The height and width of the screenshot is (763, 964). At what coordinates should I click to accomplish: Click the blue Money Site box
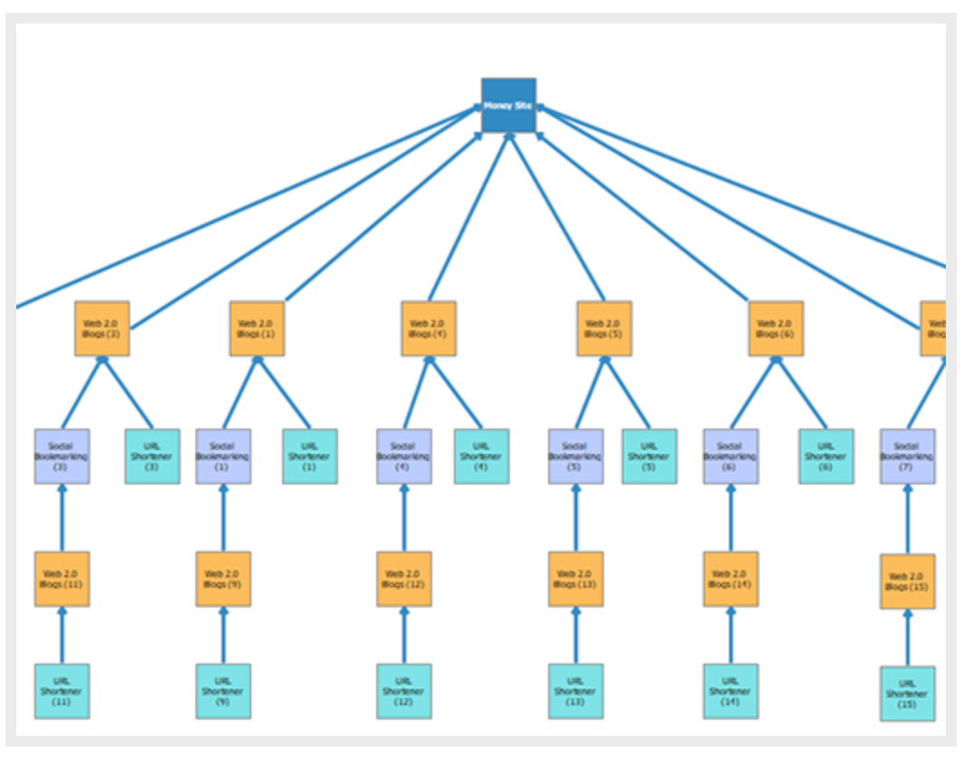point(508,105)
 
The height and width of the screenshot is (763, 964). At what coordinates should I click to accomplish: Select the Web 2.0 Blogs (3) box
point(102,328)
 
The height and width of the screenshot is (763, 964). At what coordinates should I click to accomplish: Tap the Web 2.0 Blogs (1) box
point(257,328)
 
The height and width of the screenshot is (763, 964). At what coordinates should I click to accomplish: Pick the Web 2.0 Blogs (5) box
point(604,328)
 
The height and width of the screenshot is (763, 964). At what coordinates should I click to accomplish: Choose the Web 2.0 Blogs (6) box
point(776,328)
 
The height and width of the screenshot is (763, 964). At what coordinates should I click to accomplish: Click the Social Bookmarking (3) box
point(62,457)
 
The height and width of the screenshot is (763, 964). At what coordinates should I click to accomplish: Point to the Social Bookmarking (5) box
point(576,457)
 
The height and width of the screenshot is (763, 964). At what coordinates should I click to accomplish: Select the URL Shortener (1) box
point(310,457)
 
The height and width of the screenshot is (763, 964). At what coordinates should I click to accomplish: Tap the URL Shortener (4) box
point(482,457)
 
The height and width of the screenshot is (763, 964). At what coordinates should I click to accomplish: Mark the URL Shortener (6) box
point(827,457)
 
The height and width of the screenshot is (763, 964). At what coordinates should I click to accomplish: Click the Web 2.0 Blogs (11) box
point(62,579)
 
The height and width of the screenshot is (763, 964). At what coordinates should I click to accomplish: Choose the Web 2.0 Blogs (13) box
point(576,579)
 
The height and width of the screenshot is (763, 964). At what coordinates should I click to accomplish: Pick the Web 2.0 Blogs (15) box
point(908,581)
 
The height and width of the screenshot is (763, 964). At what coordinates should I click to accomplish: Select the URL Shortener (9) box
point(223,692)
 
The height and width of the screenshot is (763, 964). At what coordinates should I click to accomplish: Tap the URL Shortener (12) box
point(404,692)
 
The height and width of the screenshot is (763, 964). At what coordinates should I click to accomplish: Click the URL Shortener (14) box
point(731,692)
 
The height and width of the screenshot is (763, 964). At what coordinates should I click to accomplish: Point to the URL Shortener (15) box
point(908,694)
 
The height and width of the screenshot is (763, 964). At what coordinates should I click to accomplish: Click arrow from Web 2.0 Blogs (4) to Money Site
point(468,217)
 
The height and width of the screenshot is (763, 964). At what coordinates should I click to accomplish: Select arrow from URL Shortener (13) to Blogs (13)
point(576,636)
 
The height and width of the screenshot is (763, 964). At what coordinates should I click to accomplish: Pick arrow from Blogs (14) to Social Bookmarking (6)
point(731,518)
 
